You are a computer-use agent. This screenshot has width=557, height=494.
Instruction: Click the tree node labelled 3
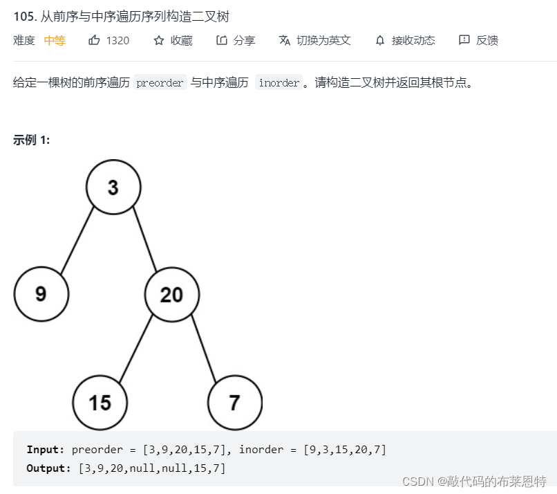(113, 187)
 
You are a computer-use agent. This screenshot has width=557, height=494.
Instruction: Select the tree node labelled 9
(41, 294)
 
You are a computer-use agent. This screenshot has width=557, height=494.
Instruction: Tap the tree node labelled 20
(172, 295)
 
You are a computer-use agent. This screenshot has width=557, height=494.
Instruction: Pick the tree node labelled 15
(100, 402)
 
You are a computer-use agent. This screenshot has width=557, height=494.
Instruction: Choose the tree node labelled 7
(235, 402)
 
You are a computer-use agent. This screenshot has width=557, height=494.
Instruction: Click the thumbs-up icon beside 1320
(95, 40)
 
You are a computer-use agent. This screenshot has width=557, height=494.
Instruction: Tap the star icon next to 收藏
(159, 40)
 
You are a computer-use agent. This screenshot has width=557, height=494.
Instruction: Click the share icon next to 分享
(222, 40)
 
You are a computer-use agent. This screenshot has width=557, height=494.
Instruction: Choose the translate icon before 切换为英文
(285, 40)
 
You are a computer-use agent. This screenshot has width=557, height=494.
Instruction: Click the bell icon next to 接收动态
(380, 40)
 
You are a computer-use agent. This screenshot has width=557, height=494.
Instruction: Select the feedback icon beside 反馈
(464, 40)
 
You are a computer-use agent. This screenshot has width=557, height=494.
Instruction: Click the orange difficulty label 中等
(55, 40)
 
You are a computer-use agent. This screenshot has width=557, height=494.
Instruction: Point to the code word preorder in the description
(160, 83)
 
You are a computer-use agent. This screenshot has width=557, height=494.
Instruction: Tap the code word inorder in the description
(279, 83)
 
